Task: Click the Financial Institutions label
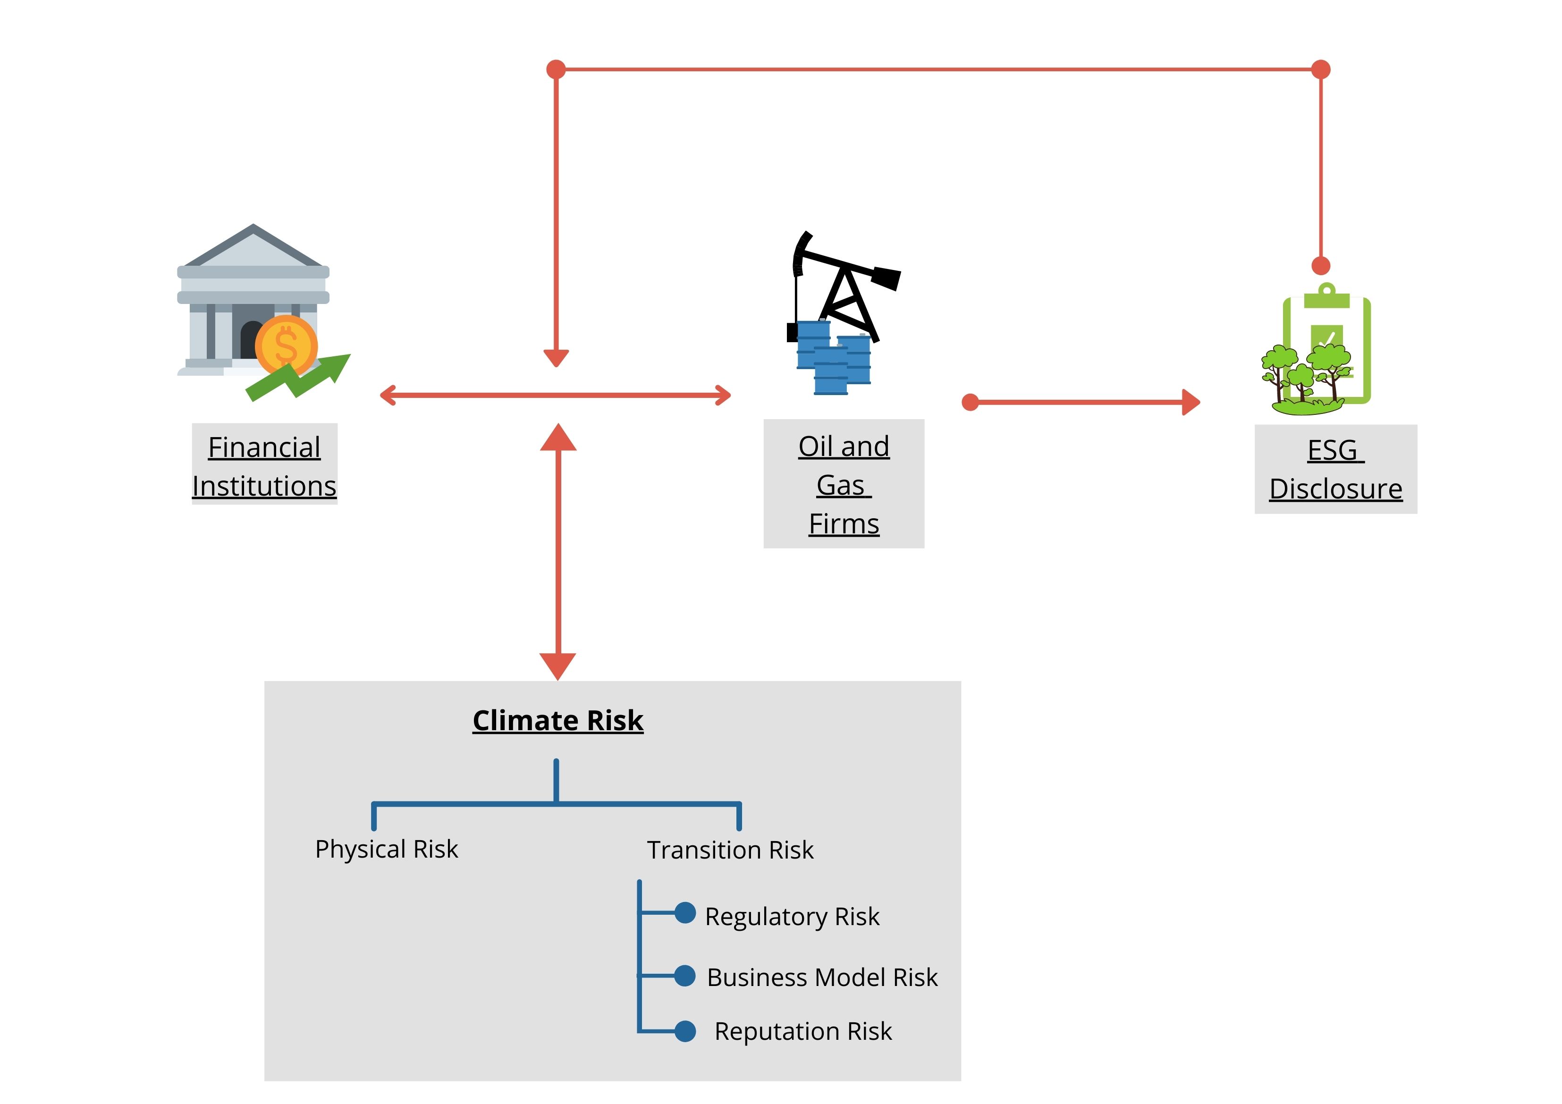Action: click(264, 466)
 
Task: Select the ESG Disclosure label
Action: click(1335, 469)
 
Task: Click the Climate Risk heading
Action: click(558, 720)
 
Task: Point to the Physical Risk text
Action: click(387, 849)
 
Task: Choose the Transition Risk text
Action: click(730, 850)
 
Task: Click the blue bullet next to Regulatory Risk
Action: click(685, 913)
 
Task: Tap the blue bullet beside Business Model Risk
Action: click(685, 976)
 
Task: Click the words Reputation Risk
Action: click(803, 1031)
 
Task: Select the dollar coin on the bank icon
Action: click(286, 346)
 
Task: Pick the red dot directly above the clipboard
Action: click(1320, 265)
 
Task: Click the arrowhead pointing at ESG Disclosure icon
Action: click(1190, 402)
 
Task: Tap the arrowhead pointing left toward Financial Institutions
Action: click(388, 395)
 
